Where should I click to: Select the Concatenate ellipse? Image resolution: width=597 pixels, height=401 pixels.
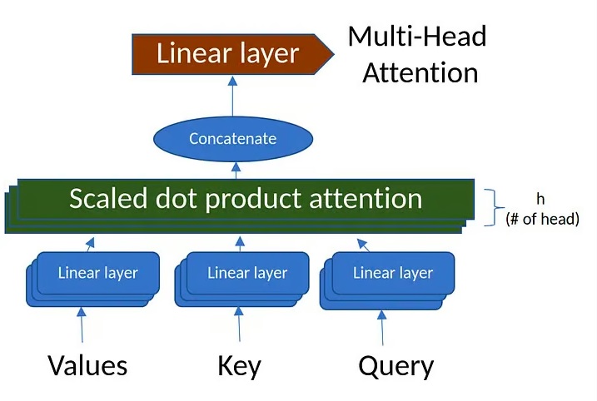pos(233,139)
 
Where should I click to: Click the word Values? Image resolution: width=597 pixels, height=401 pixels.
pos(87,365)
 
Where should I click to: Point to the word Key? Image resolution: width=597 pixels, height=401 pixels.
pos(239,366)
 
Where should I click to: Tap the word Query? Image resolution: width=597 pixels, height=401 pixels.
pos(396,367)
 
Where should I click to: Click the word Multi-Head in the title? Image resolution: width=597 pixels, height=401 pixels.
pos(417,37)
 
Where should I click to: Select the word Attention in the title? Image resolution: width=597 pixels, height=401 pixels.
pos(420,72)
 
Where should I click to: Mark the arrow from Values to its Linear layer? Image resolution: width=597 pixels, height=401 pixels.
pos(82,325)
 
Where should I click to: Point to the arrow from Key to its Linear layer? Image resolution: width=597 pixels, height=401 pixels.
pos(239,324)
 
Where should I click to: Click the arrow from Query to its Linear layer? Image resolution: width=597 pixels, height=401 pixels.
pos(382,328)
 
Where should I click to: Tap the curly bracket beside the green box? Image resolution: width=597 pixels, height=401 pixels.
pos(495,208)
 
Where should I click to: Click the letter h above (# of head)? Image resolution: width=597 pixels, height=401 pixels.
pos(540,199)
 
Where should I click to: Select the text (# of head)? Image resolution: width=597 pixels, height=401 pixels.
pos(543,219)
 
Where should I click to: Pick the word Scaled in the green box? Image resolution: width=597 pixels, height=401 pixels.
pos(108,198)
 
